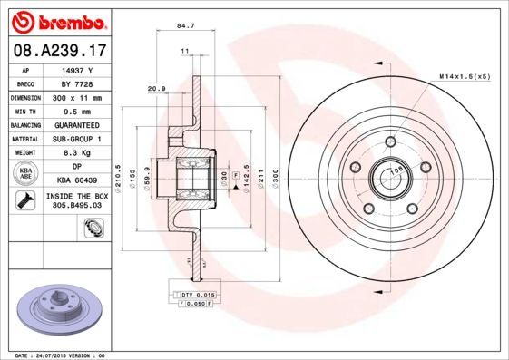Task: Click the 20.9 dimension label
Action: pyautogui.click(x=155, y=88)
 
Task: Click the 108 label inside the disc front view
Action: pyautogui.click(x=396, y=170)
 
